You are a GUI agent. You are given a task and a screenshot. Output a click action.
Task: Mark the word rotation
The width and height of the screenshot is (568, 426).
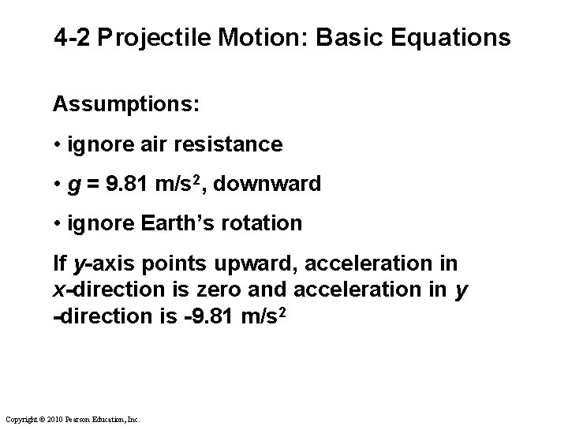264,223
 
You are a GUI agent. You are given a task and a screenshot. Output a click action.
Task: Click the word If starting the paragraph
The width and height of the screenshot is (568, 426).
60,262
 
